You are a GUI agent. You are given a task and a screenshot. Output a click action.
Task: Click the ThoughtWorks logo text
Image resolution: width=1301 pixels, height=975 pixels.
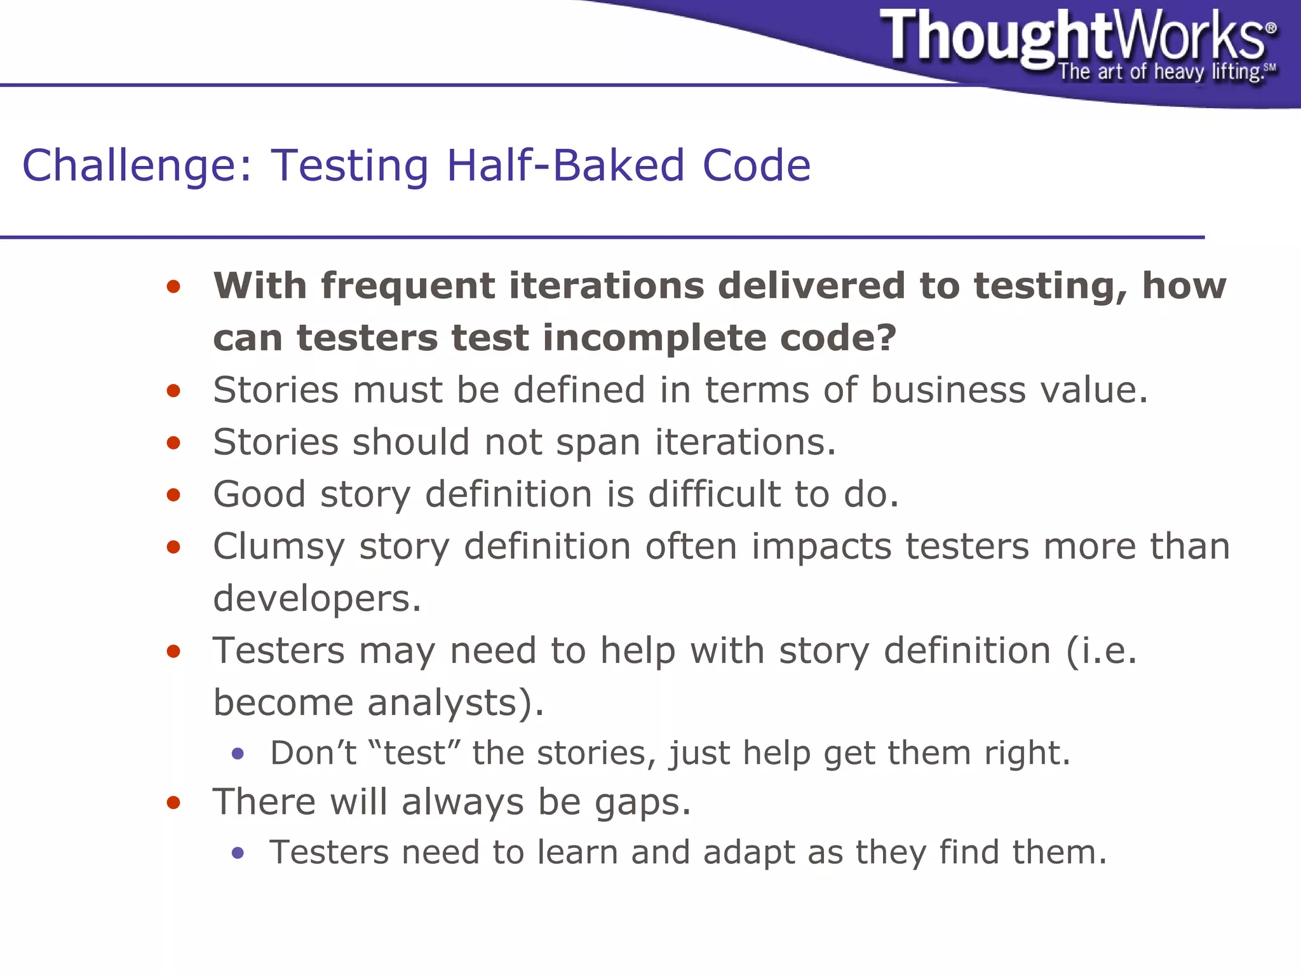click(1074, 36)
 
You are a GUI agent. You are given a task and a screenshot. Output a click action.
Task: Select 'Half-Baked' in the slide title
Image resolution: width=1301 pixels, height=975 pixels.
click(565, 165)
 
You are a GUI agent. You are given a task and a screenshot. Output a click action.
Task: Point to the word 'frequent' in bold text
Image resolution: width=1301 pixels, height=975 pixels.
click(407, 286)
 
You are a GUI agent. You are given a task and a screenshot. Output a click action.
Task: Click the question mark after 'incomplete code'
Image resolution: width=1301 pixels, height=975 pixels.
click(886, 337)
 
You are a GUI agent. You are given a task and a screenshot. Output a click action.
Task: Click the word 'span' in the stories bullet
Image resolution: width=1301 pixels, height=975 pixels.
click(598, 443)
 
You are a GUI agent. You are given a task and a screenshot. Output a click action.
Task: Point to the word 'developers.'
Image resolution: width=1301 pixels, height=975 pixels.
click(317, 599)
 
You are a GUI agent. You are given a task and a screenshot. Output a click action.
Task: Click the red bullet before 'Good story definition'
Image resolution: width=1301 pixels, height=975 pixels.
click(173, 494)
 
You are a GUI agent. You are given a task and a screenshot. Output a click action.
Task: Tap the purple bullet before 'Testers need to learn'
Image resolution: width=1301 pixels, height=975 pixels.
click(238, 853)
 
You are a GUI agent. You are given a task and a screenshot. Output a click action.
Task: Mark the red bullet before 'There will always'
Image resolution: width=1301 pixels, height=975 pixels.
click(173, 802)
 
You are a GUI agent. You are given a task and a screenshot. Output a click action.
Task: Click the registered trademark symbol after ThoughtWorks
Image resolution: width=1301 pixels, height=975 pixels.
click(1271, 28)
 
